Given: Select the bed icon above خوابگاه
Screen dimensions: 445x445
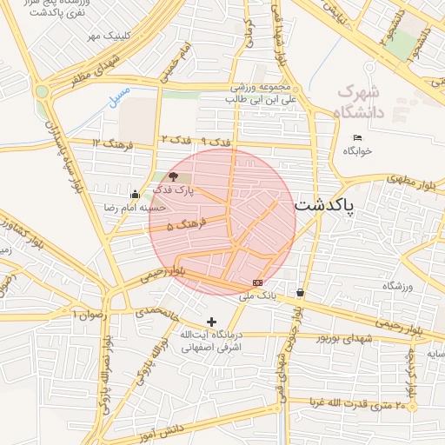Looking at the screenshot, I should point(358,138).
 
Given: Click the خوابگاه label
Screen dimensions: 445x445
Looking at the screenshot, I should point(357,150).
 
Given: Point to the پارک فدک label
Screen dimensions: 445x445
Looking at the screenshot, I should point(173,189).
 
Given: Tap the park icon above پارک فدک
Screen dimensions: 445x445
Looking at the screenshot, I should point(172,176).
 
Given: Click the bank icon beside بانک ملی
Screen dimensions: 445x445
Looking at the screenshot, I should point(258,282).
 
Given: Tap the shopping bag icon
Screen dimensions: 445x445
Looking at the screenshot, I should point(300,293).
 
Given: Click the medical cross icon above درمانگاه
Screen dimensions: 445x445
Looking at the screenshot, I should point(211,322).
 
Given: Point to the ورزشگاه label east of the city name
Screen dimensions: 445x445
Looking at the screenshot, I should point(396,285).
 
